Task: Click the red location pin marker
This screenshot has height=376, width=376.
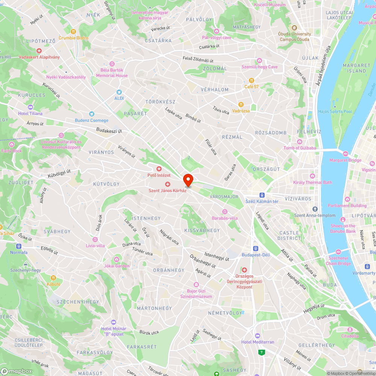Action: (188, 180)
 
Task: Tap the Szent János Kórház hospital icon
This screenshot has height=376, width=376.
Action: (168, 184)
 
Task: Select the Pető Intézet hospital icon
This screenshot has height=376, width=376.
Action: (159, 169)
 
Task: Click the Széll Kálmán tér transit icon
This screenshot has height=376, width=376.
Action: (262, 195)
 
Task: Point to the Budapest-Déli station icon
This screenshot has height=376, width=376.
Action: (256, 248)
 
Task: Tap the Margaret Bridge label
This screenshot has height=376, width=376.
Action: (345, 160)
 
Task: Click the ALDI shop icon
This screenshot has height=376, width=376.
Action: (119, 92)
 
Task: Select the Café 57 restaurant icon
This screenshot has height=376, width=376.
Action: (252, 80)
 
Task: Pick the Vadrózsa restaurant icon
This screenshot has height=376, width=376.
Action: (241, 105)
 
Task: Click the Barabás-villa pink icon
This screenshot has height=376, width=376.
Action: (225, 211)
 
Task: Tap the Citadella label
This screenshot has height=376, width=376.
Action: (350, 336)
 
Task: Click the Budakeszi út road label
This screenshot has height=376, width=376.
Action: (109, 130)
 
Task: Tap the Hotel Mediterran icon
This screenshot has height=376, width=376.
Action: (258, 335)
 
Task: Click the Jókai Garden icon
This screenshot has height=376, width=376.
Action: (117, 259)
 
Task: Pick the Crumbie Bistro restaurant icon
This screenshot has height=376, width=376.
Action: (73, 32)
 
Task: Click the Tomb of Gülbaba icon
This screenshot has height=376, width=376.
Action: (300, 141)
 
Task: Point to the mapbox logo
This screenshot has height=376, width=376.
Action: (17, 371)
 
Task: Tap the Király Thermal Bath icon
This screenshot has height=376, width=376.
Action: (312, 176)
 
